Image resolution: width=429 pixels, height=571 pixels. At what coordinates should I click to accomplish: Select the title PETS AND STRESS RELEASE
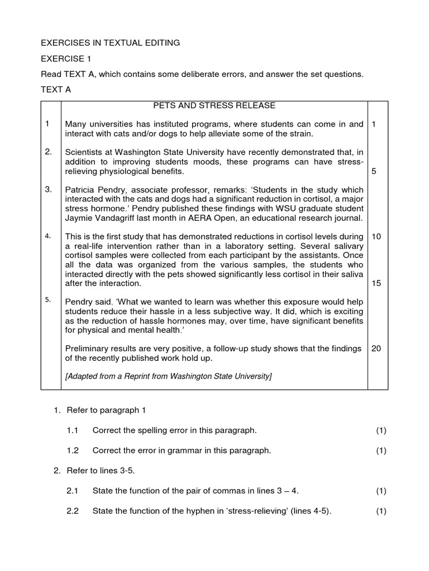tap(214, 105)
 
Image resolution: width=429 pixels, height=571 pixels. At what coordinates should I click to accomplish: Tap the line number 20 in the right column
tap(376, 349)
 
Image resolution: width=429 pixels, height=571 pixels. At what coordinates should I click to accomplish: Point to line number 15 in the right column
tap(376, 283)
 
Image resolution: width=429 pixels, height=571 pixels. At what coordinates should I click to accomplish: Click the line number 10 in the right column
tap(376, 236)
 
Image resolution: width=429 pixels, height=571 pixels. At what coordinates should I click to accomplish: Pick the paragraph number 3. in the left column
tap(49, 190)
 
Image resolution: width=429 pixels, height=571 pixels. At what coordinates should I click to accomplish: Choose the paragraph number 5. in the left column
tap(49, 300)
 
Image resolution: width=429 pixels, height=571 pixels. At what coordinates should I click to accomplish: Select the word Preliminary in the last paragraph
tap(88, 349)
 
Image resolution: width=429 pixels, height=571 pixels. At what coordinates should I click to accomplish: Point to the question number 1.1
tap(73, 430)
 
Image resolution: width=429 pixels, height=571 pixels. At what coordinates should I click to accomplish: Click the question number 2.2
tap(73, 511)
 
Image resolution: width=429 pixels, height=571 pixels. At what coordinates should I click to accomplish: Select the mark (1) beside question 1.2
tap(381, 451)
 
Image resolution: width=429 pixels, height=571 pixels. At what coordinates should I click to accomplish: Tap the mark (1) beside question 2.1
tap(381, 491)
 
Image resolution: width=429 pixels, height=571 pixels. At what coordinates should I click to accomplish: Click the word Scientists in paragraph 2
tap(85, 152)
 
